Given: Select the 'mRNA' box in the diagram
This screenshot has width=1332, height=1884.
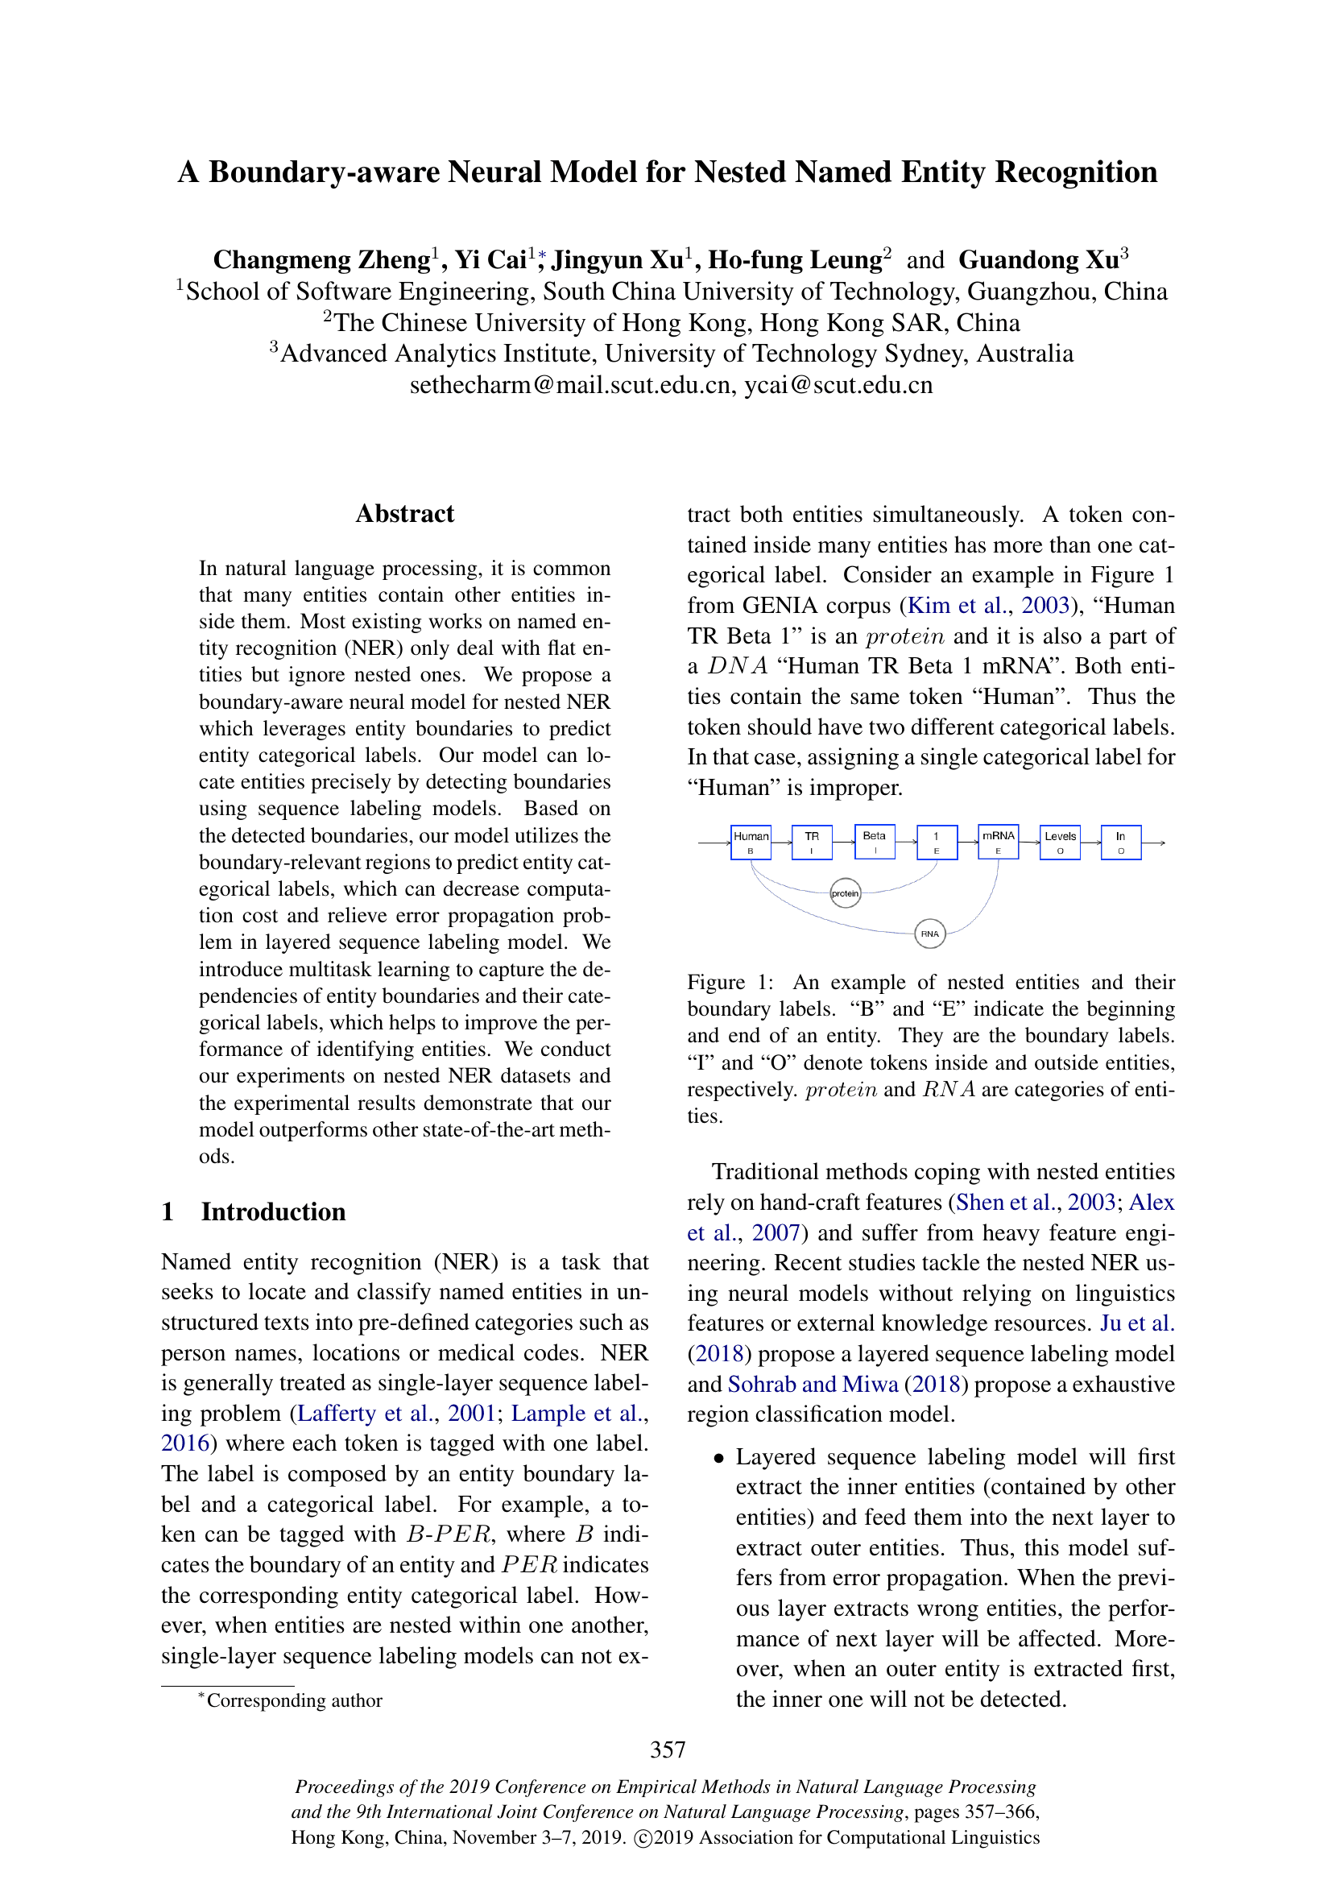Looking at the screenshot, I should click(998, 842).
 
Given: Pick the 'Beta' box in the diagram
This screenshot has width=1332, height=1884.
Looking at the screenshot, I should click(875, 842).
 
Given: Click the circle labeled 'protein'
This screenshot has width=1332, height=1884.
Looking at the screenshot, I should click(846, 892).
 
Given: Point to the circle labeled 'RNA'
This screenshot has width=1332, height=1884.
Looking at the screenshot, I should click(929, 934).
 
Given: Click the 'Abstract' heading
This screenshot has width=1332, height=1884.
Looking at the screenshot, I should click(404, 514).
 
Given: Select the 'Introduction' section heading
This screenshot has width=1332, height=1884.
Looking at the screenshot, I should click(273, 1212).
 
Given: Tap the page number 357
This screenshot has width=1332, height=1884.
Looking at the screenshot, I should click(668, 1749).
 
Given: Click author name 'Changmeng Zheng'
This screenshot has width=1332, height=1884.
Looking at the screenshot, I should click(321, 260).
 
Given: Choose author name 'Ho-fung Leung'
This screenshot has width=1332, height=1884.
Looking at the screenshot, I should click(795, 260).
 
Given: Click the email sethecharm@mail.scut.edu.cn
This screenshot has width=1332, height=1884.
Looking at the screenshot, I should click(571, 385).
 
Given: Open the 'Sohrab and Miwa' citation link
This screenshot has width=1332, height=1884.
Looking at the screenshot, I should click(813, 1385).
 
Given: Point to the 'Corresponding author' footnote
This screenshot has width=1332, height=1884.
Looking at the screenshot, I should click(294, 1700).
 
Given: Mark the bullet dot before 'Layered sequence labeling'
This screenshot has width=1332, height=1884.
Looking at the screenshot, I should click(718, 1459).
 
